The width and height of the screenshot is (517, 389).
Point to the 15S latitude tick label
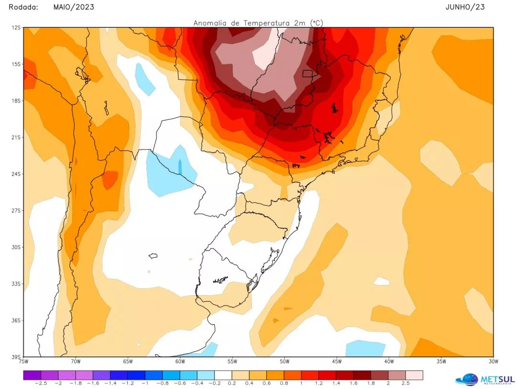tap(15, 64)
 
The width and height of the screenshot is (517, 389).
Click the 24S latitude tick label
tap(15, 174)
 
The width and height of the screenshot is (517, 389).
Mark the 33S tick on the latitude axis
tap(15, 284)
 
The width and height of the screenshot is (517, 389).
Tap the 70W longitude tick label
tap(75, 361)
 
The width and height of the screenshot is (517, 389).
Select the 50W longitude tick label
tap(284, 361)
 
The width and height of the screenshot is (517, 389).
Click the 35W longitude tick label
tap(441, 361)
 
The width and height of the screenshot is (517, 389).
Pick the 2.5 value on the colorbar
tap(405, 383)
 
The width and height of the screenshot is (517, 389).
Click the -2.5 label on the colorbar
tap(32, 383)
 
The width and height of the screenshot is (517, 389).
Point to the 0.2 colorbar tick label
tap(232, 383)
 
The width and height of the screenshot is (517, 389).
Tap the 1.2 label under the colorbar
tap(318, 383)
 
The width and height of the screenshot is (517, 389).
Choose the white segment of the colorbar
tap(223, 375)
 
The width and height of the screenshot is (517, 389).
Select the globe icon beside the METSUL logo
tap(466, 379)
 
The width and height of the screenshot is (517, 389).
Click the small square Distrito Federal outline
tap(308, 74)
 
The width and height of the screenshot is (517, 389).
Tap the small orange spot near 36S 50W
tap(276, 320)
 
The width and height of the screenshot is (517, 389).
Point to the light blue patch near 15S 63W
tap(145, 78)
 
